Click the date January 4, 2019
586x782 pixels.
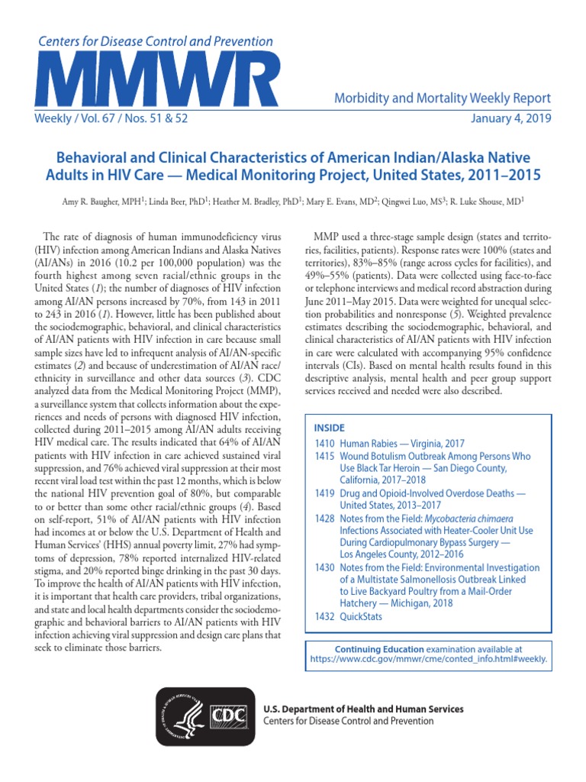[x=511, y=120]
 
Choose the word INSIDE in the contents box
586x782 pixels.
[x=329, y=428]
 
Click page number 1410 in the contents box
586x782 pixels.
[x=326, y=443]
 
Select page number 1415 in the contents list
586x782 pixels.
[x=326, y=456]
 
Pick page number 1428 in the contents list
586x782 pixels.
[x=326, y=519]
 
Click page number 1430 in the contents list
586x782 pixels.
[x=326, y=568]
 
